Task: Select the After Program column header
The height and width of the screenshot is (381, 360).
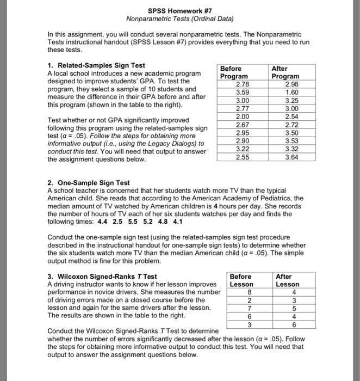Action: (x=285, y=72)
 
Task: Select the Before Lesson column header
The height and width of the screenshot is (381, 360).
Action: (x=241, y=280)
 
